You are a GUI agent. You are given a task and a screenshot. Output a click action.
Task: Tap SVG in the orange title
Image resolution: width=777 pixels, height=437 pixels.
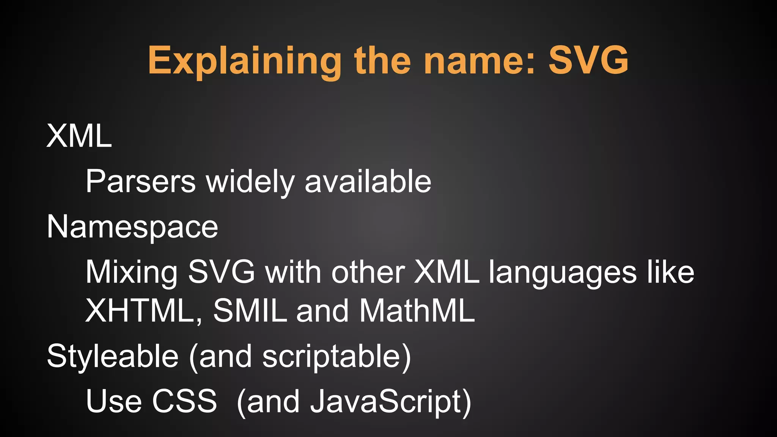click(588, 60)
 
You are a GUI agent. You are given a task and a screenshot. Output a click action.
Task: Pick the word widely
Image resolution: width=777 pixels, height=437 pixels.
click(250, 181)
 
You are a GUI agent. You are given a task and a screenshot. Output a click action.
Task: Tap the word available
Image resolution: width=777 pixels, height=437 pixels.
click(368, 181)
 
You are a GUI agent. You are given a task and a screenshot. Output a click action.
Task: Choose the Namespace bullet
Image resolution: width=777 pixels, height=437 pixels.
click(132, 227)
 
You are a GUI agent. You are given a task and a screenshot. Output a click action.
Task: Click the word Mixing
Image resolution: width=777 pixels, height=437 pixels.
click(132, 272)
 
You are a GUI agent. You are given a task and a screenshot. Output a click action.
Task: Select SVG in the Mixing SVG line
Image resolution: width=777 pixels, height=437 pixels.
click(222, 272)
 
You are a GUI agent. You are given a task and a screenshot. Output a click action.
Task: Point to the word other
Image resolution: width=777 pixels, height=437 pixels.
click(368, 272)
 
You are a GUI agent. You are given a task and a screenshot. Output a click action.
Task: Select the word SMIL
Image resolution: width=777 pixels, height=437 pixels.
click(250, 311)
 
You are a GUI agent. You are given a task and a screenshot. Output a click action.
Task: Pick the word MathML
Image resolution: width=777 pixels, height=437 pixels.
click(417, 311)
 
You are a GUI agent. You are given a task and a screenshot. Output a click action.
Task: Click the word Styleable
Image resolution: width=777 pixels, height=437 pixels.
click(113, 357)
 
